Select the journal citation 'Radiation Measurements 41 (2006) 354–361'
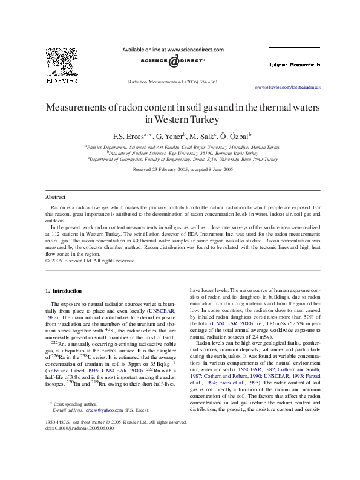click(174, 81)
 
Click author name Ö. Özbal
click(227, 136)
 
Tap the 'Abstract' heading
click(56, 198)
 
